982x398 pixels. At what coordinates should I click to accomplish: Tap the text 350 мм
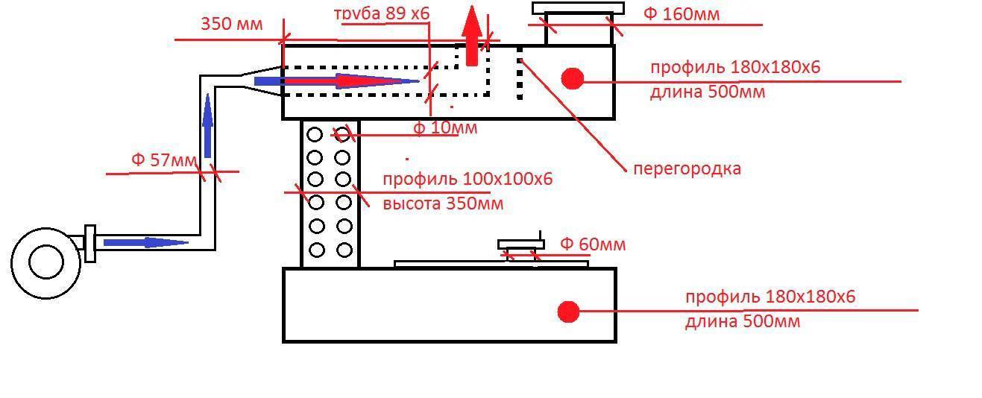pos(232,24)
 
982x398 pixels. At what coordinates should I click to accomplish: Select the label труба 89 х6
pos(383,13)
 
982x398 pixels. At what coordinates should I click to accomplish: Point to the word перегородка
pos(687,168)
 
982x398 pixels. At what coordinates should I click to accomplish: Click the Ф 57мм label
pos(165,159)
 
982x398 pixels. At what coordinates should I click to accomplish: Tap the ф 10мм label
pos(445,128)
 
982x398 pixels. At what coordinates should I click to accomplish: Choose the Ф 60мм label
pos(593,244)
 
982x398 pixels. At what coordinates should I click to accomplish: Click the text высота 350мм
pos(443,203)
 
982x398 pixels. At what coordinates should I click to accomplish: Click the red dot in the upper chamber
pos(572,78)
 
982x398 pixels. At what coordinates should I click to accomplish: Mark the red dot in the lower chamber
pos(568,312)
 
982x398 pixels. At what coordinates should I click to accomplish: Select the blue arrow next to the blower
pos(145,242)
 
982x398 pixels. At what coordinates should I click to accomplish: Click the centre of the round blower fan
pos(45,263)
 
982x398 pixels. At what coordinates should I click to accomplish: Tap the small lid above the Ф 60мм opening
pos(520,244)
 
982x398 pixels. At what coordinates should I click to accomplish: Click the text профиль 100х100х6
pos(468,180)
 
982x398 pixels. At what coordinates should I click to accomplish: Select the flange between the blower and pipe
pos(90,243)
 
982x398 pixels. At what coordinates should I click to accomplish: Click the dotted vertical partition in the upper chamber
pos(520,74)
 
